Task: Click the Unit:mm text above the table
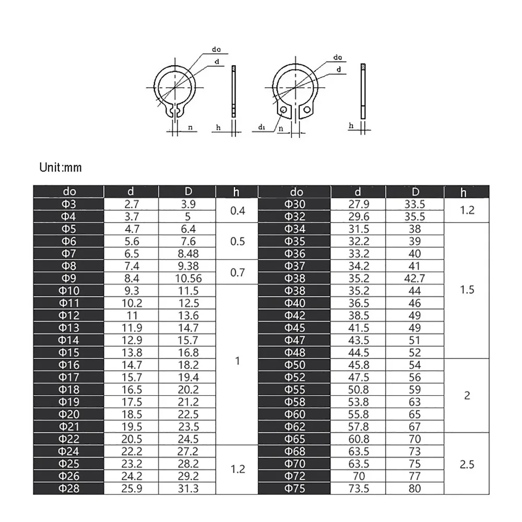tap(61, 168)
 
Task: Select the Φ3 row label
tap(69, 204)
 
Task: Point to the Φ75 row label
tap(295, 489)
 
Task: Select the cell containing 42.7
tap(415, 279)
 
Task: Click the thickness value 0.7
tap(238, 272)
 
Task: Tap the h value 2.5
tap(467, 464)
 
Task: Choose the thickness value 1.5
tap(467, 290)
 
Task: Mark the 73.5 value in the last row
tap(359, 489)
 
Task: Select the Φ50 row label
tap(295, 365)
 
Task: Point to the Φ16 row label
tap(69, 365)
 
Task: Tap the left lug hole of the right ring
tap(283, 110)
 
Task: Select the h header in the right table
tap(464, 192)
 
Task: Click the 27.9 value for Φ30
tap(359, 204)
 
